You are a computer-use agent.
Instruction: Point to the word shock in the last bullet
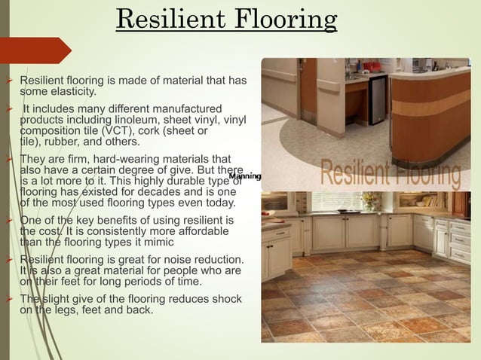pyautogui.click(x=226, y=299)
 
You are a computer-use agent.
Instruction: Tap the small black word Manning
pyautogui.click(x=245, y=176)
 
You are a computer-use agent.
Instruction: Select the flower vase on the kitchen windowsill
pyautogui.click(x=369, y=201)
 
